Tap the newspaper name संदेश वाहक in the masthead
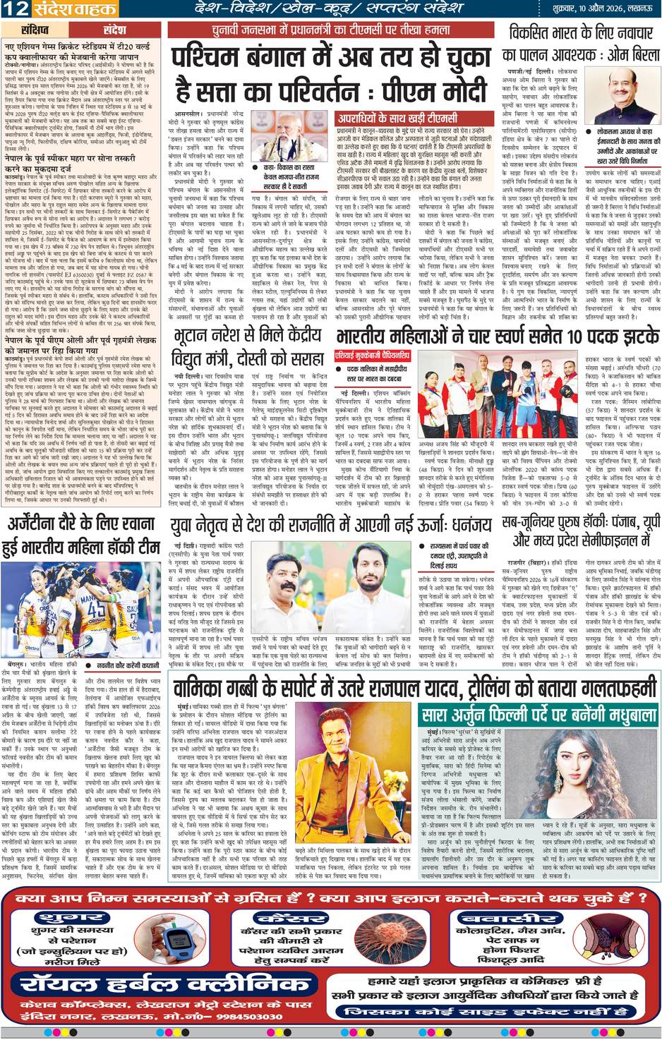coord(69,8)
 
